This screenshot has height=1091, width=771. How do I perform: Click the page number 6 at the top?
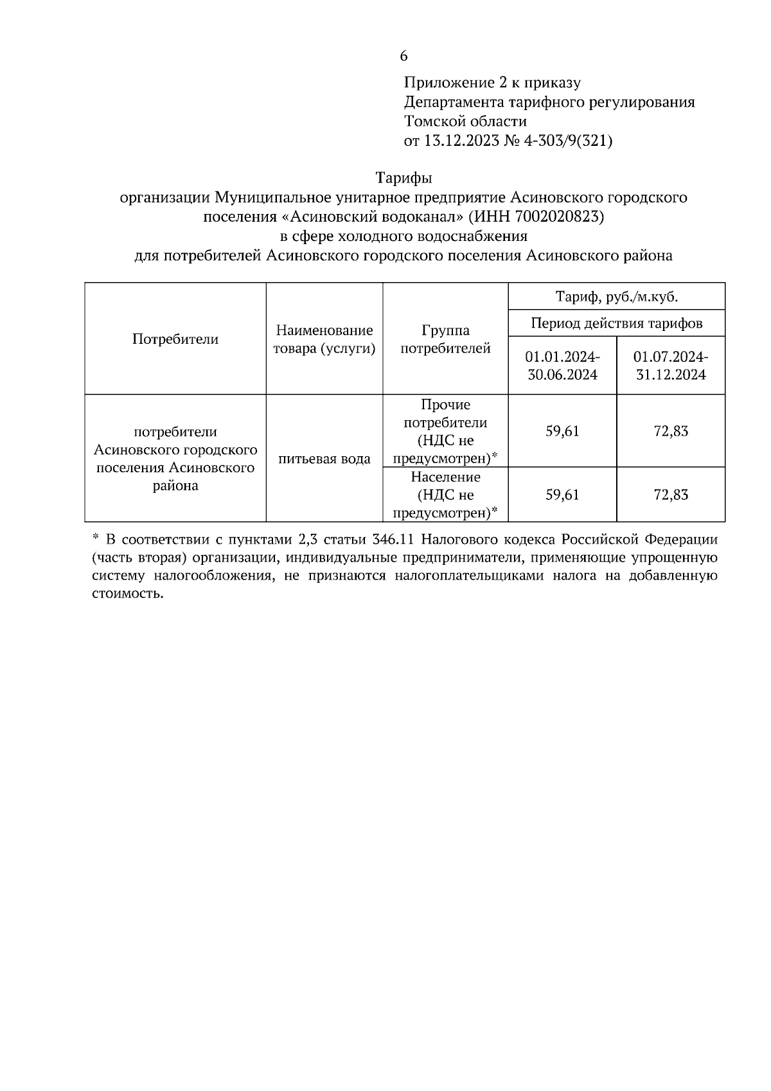tap(403, 57)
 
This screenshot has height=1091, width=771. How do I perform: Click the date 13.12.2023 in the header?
tap(461, 141)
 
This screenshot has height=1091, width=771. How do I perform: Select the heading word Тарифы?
tap(403, 177)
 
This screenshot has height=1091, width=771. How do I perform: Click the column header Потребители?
tap(175, 339)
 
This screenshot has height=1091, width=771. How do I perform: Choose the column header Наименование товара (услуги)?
tap(324, 339)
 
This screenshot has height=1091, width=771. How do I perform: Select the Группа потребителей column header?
tap(445, 339)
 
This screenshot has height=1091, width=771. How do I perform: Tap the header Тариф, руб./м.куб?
tap(616, 297)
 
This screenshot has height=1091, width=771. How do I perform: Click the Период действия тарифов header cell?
tap(616, 323)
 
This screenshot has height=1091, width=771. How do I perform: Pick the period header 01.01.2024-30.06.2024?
tap(562, 365)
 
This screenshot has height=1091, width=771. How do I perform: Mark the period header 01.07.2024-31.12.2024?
tap(671, 365)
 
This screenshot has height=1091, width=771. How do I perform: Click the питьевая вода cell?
tap(324, 459)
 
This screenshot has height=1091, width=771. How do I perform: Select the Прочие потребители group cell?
tap(445, 431)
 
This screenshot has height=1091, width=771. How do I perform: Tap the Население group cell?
tap(445, 495)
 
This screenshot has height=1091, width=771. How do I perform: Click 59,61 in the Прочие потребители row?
tap(562, 431)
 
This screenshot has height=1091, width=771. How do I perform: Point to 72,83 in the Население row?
tap(671, 495)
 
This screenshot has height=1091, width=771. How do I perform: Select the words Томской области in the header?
tap(465, 121)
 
